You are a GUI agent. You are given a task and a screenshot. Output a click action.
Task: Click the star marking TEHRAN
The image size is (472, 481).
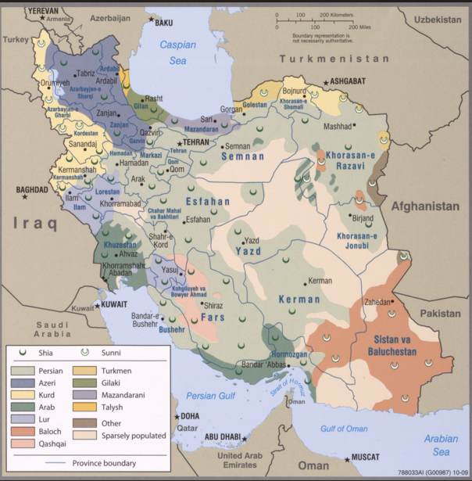[x=179, y=143]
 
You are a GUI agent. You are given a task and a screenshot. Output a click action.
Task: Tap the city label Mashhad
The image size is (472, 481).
[x=338, y=126]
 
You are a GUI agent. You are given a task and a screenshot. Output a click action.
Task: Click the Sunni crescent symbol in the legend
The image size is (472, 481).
[x=85, y=353]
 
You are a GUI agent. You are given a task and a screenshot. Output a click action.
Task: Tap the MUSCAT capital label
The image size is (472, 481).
[x=363, y=457]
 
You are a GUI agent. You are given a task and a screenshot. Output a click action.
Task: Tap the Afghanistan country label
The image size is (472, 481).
[x=425, y=206]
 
